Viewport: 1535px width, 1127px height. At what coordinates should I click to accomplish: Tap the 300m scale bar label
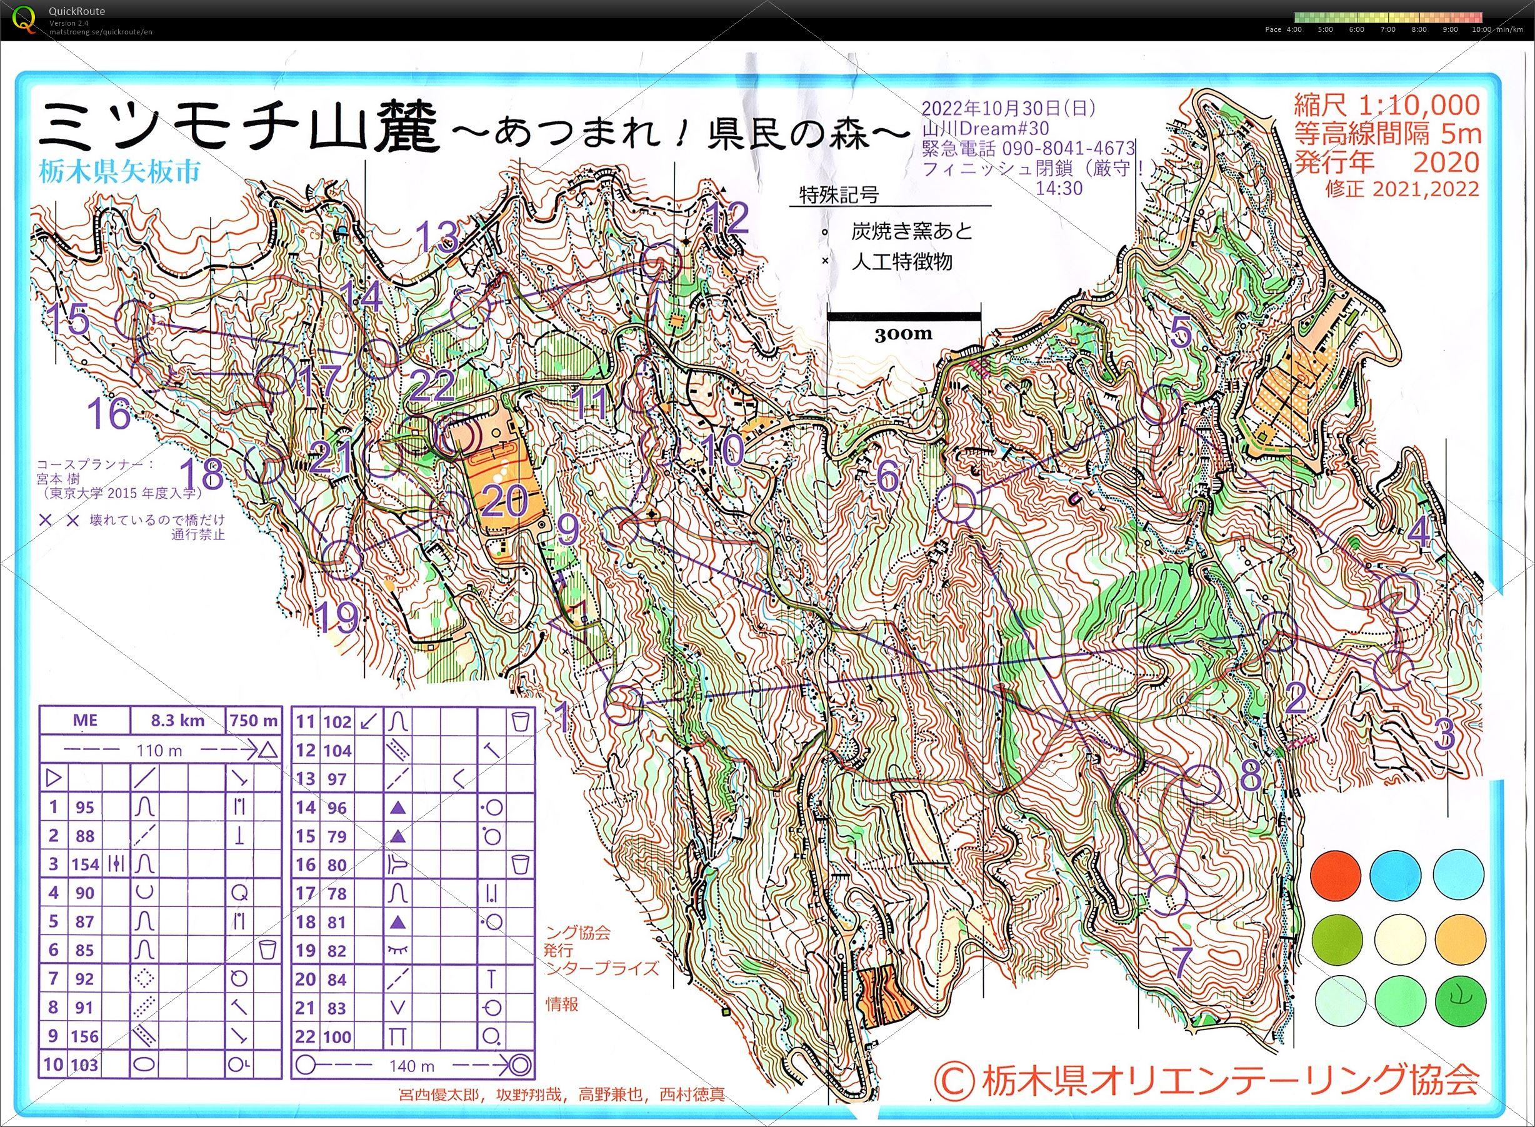point(903,333)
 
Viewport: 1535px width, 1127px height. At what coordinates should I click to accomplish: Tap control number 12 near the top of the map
point(728,218)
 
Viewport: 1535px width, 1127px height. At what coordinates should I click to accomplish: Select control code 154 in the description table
point(85,864)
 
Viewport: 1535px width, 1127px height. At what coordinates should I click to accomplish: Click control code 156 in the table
point(85,1036)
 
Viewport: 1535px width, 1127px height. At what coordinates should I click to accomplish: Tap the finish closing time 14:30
point(1059,188)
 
